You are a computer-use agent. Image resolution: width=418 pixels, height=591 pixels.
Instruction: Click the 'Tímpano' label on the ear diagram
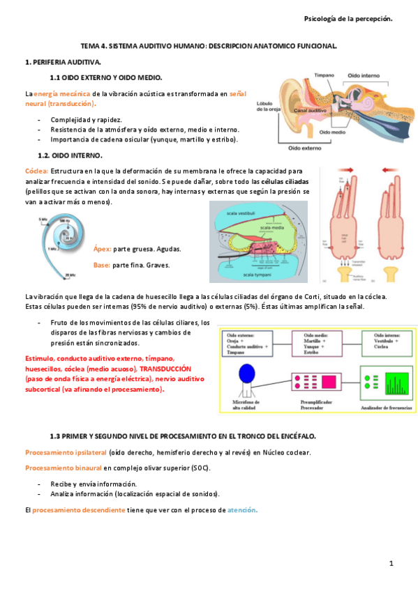pyautogui.click(x=324, y=75)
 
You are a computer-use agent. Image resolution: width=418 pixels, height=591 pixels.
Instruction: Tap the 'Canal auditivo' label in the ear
pyautogui.click(x=311, y=110)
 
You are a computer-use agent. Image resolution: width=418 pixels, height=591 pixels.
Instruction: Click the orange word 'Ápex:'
pyautogui.click(x=102, y=249)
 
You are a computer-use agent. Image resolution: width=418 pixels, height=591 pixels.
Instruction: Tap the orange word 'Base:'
pyautogui.click(x=102, y=265)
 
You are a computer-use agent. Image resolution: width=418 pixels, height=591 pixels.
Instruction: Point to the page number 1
pyautogui.click(x=391, y=563)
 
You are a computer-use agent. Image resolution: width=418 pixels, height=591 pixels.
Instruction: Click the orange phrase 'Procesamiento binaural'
pyautogui.click(x=63, y=468)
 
